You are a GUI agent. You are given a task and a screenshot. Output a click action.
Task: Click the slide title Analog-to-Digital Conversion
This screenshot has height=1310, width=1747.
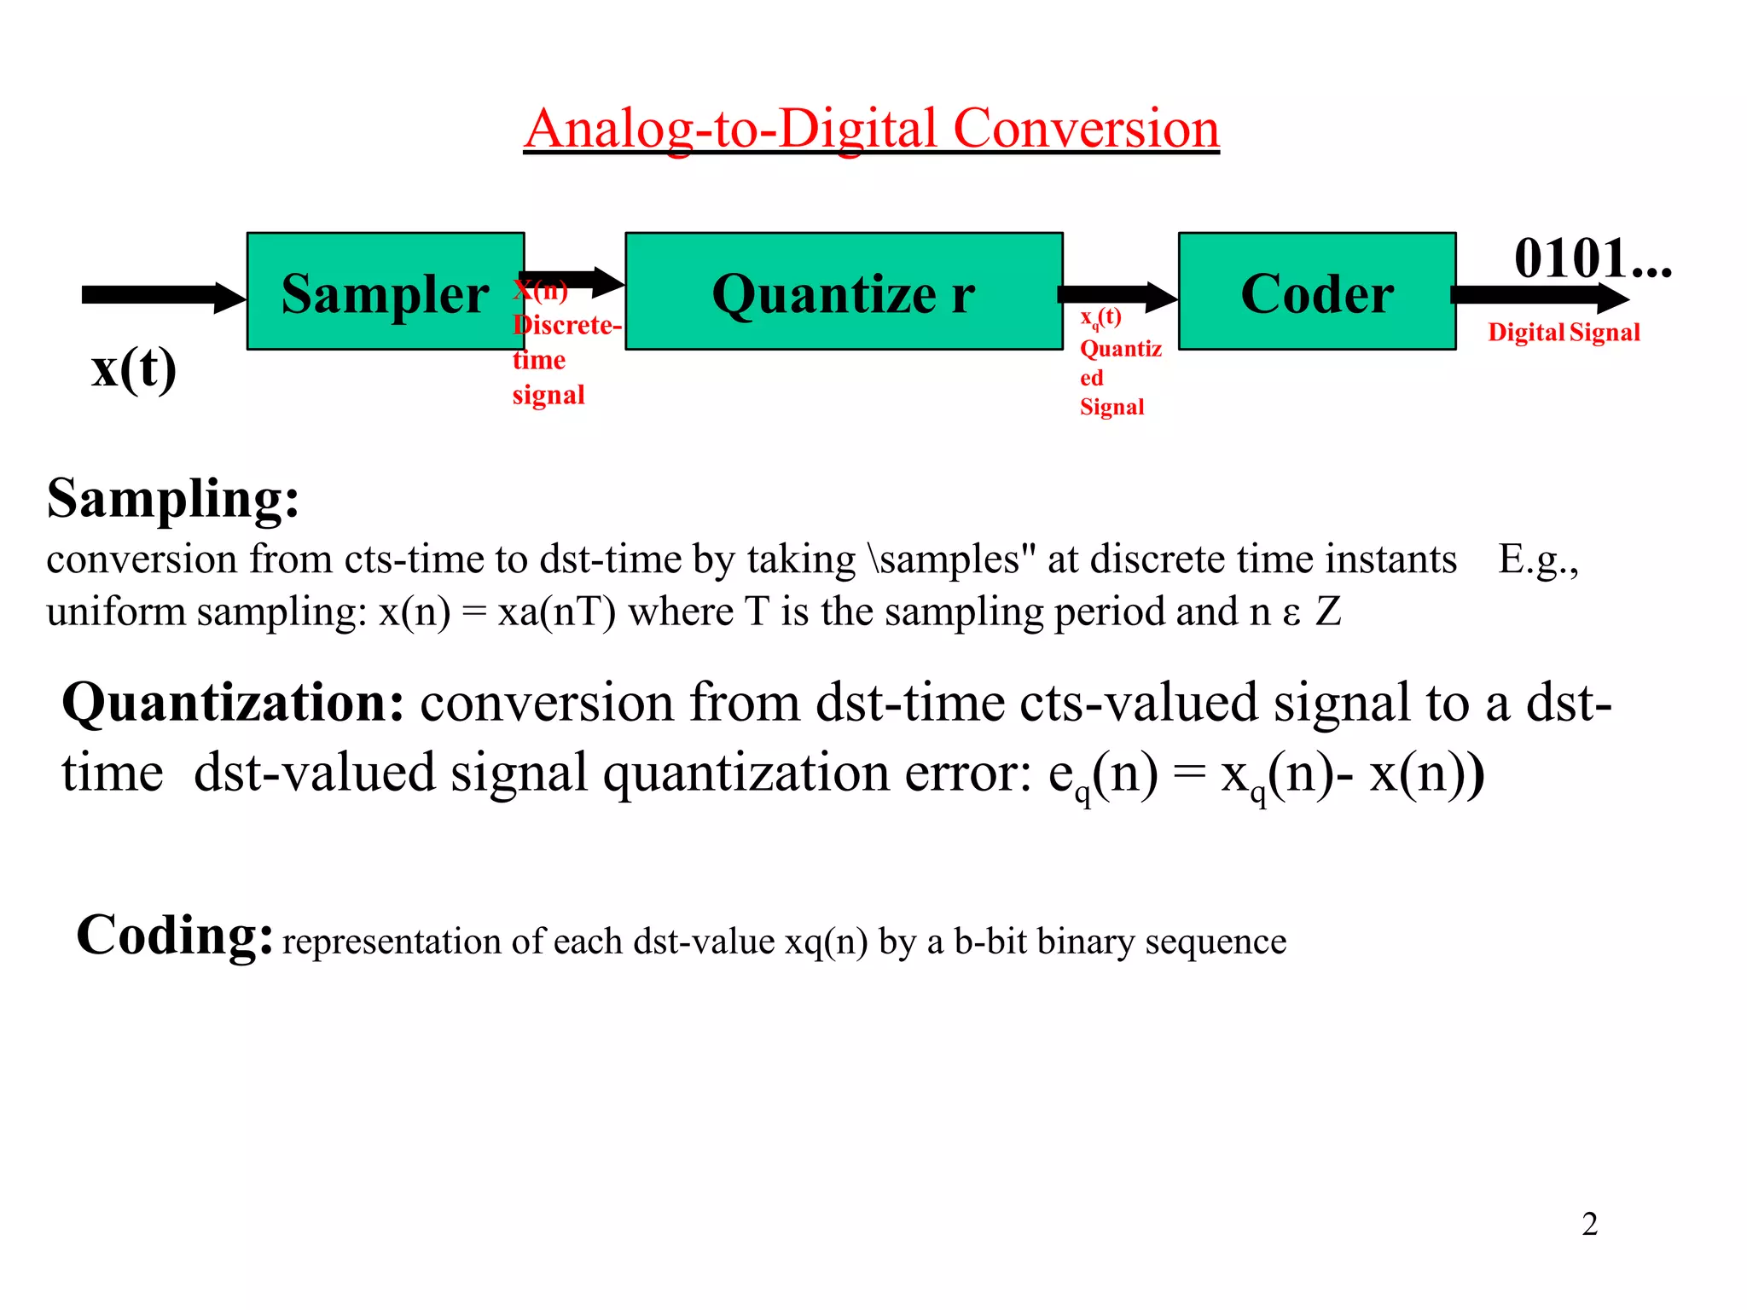tap(871, 129)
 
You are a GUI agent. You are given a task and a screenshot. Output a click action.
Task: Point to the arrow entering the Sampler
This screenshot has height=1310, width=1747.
tap(162, 296)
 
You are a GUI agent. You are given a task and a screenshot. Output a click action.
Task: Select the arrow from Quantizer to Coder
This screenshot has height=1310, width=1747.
tap(1117, 296)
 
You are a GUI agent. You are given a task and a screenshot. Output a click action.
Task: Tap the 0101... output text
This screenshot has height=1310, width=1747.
tap(1592, 258)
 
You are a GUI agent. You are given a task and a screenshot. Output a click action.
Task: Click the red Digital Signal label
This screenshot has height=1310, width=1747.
tap(1564, 333)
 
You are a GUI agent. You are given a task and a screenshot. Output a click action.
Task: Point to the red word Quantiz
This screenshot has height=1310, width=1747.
tap(1120, 349)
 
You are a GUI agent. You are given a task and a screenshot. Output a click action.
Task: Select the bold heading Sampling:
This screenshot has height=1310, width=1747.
tap(173, 499)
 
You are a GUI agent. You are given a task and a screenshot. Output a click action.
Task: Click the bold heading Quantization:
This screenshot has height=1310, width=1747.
tap(233, 704)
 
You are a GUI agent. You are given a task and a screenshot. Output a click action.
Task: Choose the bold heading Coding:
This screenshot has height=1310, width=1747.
tap(175, 935)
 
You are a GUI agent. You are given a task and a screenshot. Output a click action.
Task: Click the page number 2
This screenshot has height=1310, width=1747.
tap(1589, 1224)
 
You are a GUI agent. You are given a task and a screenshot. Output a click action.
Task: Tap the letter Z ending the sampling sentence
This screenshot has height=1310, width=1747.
tap(1328, 612)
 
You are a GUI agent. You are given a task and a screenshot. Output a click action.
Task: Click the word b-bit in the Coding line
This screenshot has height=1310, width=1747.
tap(990, 942)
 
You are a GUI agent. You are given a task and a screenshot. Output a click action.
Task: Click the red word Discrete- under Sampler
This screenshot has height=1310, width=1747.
tap(567, 326)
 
